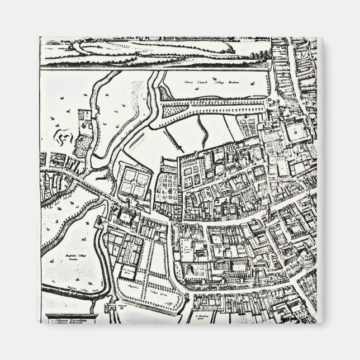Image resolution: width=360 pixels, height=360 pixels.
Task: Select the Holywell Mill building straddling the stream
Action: point(110,307)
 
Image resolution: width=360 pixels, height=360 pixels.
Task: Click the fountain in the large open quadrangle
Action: point(294,132)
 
